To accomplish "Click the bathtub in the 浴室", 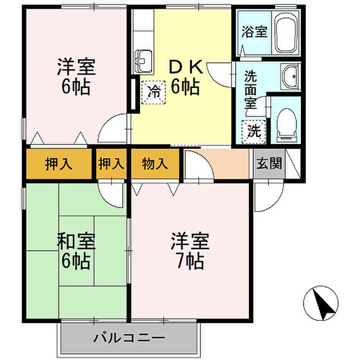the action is pyautogui.click(x=286, y=32).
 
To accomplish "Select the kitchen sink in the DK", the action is pyautogui.click(x=143, y=61).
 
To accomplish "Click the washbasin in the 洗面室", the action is pyautogui.click(x=290, y=77).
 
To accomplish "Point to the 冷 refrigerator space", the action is pyautogui.click(x=153, y=92).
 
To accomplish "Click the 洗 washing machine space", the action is pyautogui.click(x=254, y=132).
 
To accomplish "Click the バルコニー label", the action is pyautogui.click(x=129, y=338).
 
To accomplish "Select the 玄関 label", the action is pyautogui.click(x=269, y=164).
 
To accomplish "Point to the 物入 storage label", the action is pyautogui.click(x=154, y=164).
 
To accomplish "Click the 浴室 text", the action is pyautogui.click(x=255, y=32).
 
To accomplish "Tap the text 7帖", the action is pyautogui.click(x=190, y=261).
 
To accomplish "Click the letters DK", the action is pyautogui.click(x=186, y=67).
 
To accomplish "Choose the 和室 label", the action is pyautogui.click(x=76, y=241).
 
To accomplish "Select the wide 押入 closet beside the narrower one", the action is pyautogui.click(x=59, y=164).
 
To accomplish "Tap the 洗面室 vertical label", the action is pyautogui.click(x=250, y=89).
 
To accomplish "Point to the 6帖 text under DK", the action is pyautogui.click(x=186, y=87).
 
